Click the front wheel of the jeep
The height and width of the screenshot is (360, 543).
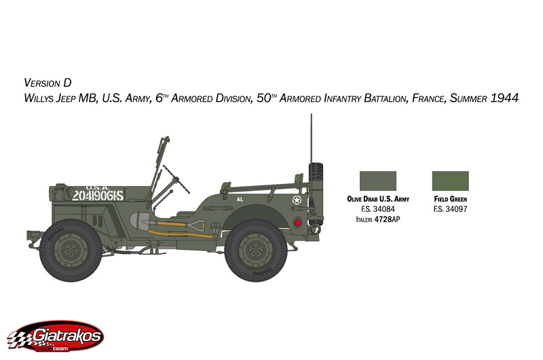[x=71, y=250]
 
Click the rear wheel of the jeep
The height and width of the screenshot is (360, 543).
[x=256, y=250]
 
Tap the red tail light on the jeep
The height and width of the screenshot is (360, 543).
[x=297, y=223]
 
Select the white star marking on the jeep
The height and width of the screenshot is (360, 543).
[x=297, y=200]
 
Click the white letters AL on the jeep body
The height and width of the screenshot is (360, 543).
[x=240, y=199]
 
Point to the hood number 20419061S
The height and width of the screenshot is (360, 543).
[x=98, y=196]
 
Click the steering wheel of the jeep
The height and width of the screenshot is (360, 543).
[x=176, y=179]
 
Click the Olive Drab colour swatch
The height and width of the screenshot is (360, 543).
[x=378, y=181]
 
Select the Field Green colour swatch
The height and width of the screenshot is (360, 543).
[x=450, y=181]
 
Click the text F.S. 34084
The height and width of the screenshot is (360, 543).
[x=378, y=209]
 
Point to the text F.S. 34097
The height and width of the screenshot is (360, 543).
[x=450, y=209]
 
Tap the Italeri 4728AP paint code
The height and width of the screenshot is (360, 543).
[x=378, y=219]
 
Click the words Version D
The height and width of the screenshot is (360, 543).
[x=48, y=83]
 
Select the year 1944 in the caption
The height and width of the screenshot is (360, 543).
[x=504, y=98]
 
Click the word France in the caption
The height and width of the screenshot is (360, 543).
[x=428, y=98]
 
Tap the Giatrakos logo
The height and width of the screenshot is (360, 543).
[x=56, y=336]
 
